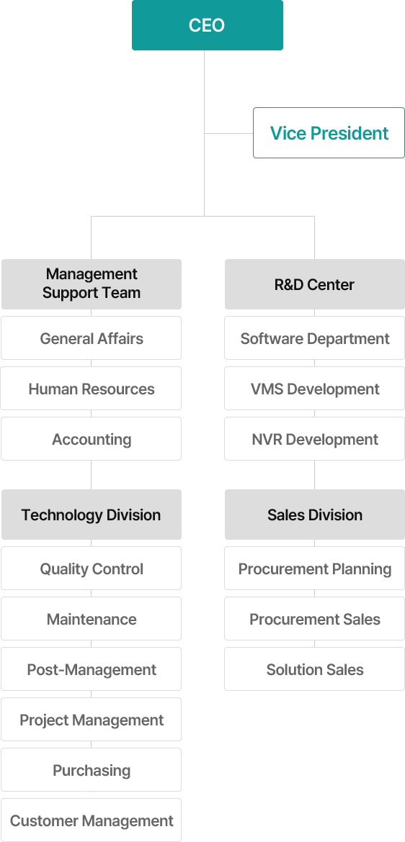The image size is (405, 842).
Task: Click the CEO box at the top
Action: (207, 25)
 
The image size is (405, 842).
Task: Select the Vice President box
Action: (329, 132)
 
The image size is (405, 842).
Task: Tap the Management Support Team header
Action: (92, 284)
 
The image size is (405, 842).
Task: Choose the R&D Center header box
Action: (315, 284)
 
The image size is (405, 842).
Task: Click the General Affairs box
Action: (92, 338)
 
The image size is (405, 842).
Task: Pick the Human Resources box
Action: (92, 389)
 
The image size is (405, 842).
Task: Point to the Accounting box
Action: (92, 439)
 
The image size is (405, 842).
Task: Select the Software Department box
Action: (315, 338)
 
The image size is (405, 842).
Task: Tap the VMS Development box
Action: (315, 389)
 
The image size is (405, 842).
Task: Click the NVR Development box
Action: (315, 439)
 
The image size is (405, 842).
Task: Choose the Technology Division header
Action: (92, 515)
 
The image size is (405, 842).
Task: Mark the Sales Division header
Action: (315, 515)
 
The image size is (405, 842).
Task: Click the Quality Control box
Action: (92, 569)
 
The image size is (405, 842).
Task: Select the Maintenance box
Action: (92, 619)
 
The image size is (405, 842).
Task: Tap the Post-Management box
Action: (92, 669)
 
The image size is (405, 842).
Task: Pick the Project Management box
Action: (92, 720)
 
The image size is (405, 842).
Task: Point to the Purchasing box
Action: (92, 771)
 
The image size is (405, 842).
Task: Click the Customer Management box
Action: (92, 820)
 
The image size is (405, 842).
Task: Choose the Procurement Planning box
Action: (315, 569)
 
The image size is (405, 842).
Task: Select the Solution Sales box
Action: (315, 669)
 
